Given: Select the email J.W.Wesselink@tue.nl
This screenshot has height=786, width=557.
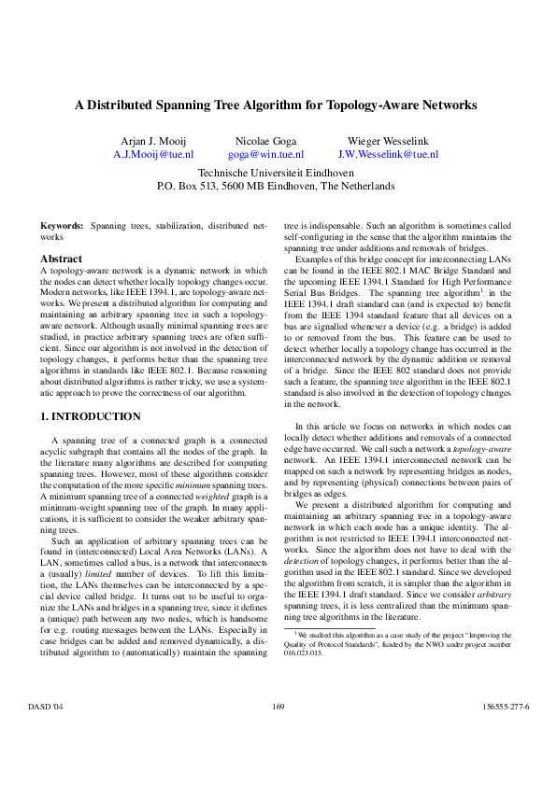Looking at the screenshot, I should [388, 154].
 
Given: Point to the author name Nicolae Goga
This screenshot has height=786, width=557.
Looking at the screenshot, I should [265, 139].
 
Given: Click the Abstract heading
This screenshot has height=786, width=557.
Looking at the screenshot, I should [61, 259].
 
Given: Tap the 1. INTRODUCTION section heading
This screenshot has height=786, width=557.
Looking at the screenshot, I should [91, 416].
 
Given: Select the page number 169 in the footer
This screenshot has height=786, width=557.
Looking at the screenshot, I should [278, 733].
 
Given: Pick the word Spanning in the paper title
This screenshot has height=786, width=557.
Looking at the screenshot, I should [187, 105].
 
